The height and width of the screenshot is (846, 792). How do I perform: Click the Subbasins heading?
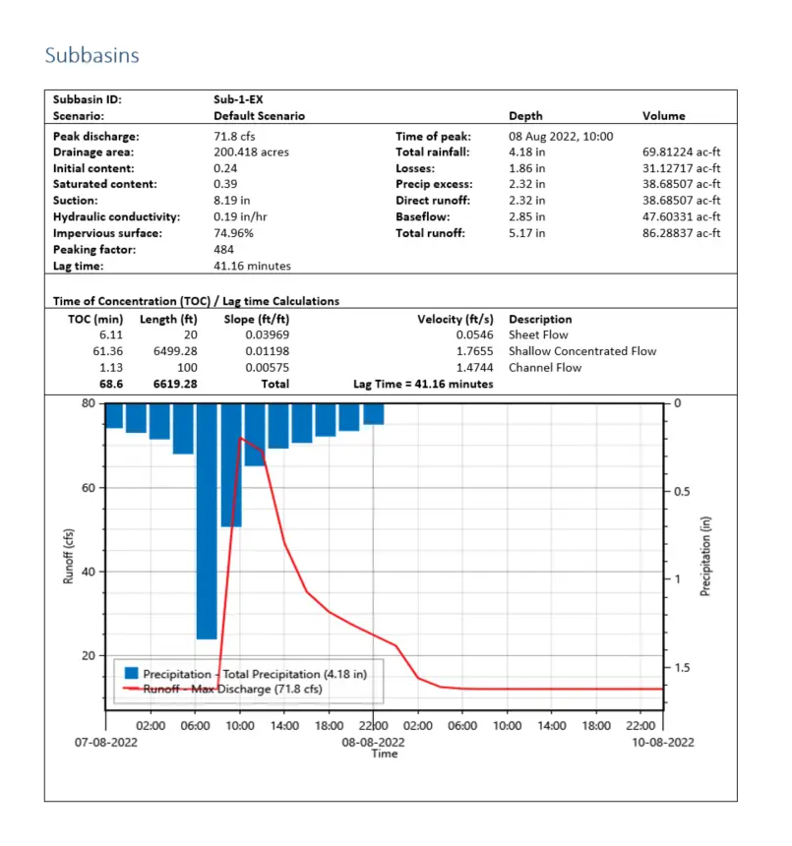[x=91, y=55]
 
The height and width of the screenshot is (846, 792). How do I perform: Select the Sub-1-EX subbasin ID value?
[x=238, y=99]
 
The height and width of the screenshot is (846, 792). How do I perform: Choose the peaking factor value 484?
[x=223, y=250]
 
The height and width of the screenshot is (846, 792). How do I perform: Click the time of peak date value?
[x=561, y=137]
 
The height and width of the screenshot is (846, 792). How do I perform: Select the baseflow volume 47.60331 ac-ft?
[x=682, y=216]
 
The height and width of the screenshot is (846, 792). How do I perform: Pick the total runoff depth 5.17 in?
[x=527, y=233]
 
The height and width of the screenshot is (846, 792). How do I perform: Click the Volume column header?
[x=664, y=116]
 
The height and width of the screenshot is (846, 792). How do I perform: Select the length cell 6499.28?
[x=176, y=351]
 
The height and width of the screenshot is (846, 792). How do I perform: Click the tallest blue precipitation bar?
[x=207, y=520]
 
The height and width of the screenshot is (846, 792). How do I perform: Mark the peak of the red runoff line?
[x=240, y=439]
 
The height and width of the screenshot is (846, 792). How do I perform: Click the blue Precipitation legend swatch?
[x=131, y=674]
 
